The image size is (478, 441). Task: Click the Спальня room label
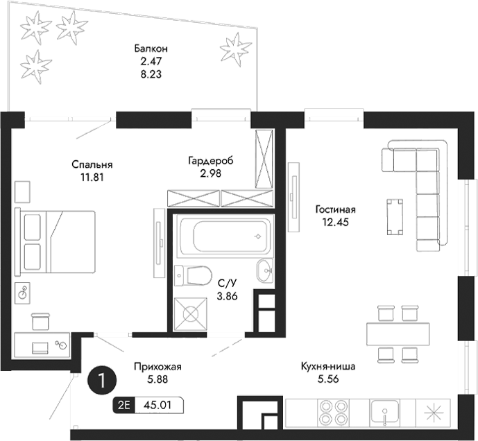click(92, 165)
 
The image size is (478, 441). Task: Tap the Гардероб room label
click(210, 161)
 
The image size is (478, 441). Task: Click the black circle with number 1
click(102, 380)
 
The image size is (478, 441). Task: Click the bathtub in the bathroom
click(225, 236)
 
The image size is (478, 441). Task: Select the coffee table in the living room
click(394, 214)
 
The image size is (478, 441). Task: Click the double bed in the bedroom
click(58, 241)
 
